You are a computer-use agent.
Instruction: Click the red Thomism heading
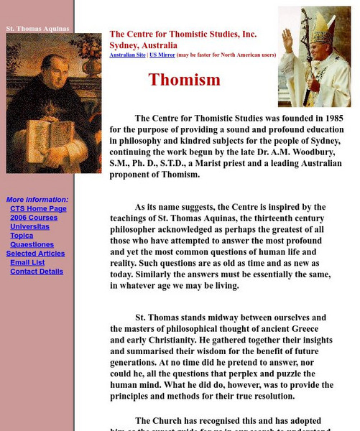[184, 80]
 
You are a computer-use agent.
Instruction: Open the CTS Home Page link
[38, 209]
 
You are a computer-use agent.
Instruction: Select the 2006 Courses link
[33, 218]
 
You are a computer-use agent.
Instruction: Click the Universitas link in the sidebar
[29, 227]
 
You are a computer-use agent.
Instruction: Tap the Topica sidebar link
[22, 236]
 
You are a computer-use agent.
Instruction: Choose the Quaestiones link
[32, 245]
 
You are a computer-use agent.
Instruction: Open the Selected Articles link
[35, 254]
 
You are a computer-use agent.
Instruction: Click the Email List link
[27, 263]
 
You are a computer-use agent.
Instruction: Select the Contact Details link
[36, 272]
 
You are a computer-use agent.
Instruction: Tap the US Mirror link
[162, 55]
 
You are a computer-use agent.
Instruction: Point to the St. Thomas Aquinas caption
[37, 29]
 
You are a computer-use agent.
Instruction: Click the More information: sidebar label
[37, 200]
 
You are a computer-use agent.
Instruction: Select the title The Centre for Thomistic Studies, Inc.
[183, 34]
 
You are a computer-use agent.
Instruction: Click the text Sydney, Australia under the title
[143, 45]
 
